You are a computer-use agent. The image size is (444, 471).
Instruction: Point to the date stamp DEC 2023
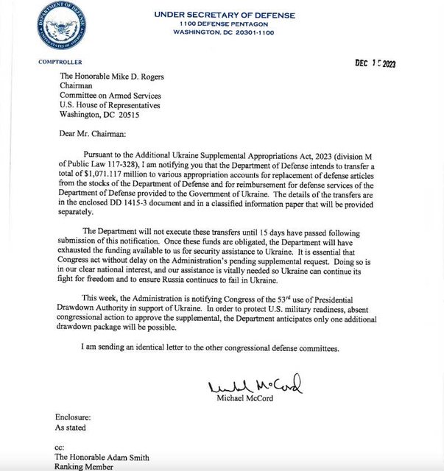point(375,64)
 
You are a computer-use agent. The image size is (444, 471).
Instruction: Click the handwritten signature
point(255,386)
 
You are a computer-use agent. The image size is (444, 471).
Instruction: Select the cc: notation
point(61,445)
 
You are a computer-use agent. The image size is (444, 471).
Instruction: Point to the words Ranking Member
point(88,465)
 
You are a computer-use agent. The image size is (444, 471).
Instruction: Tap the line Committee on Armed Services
point(121,95)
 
